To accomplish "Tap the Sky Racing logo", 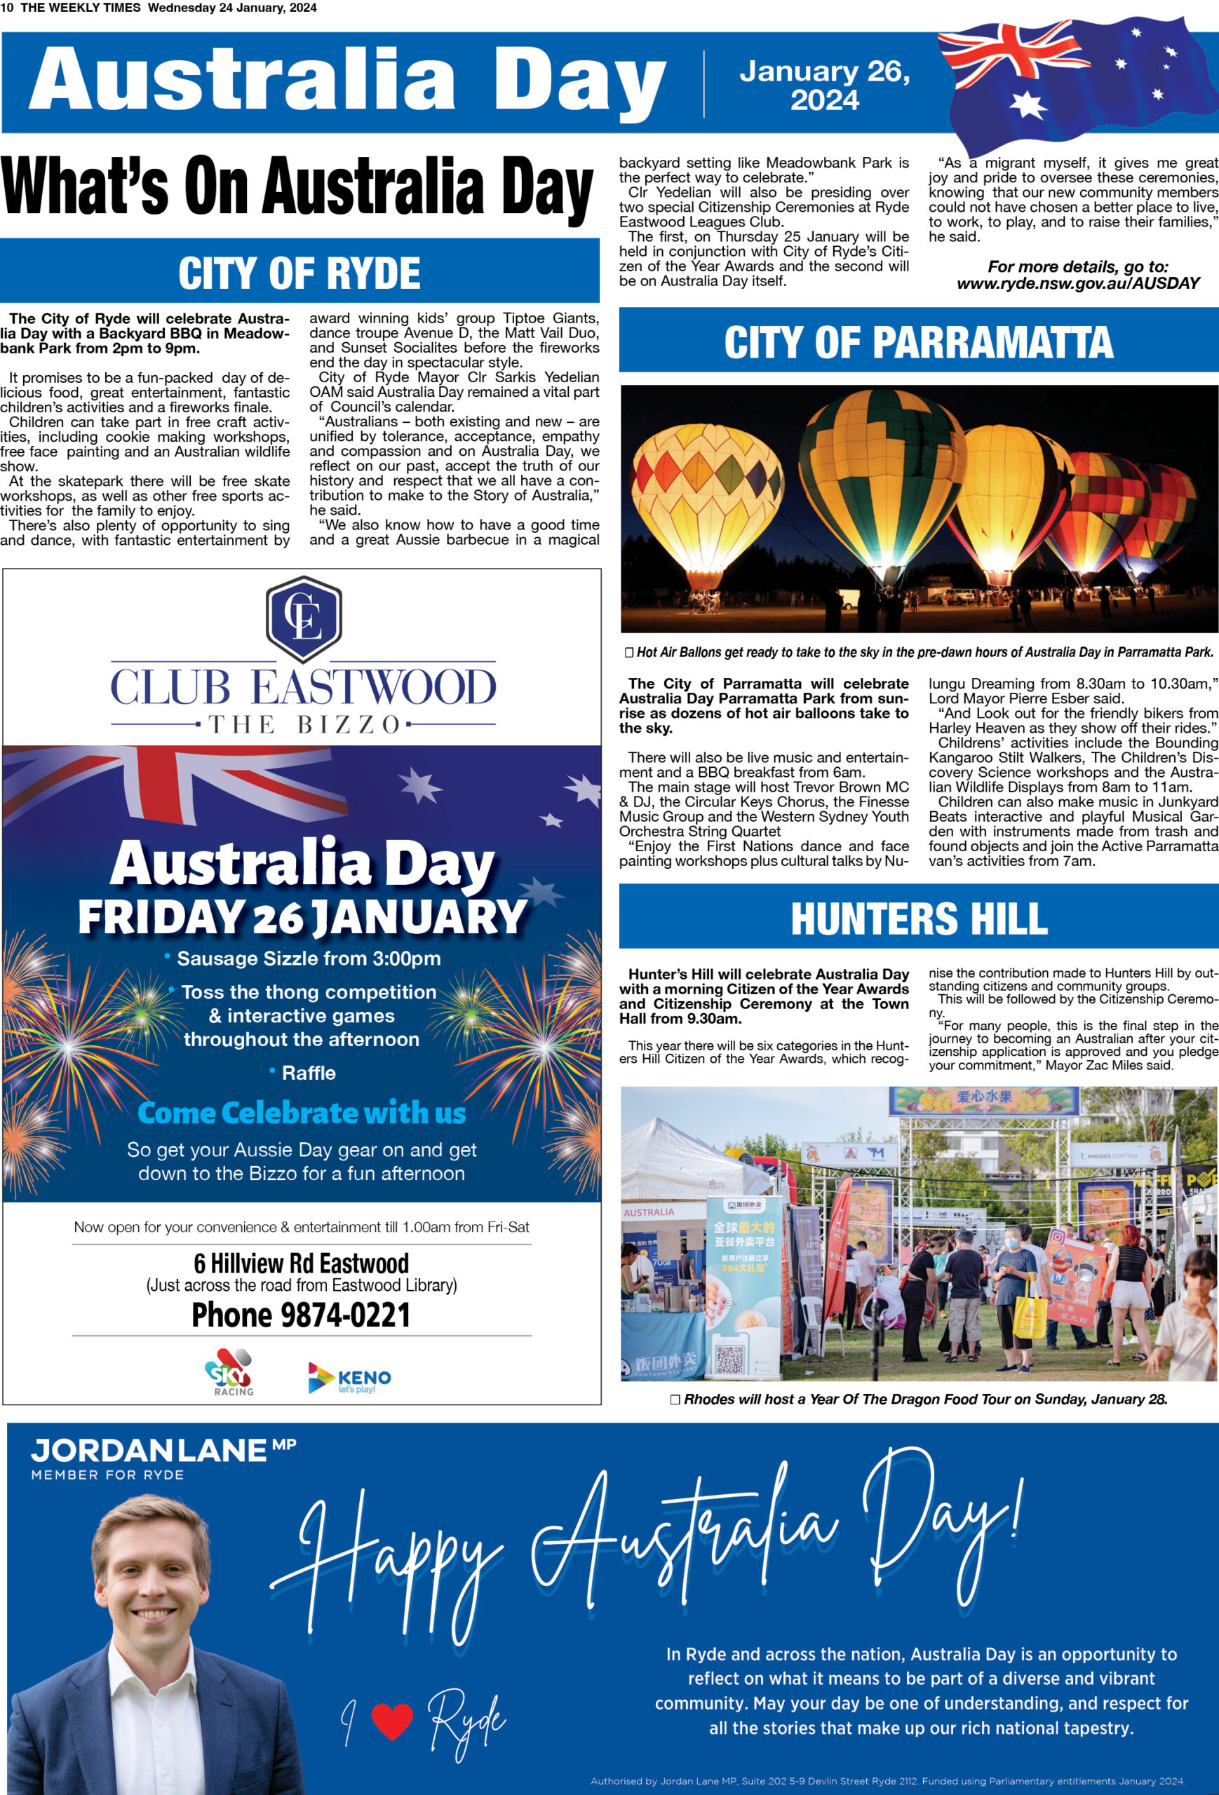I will pyautogui.click(x=229, y=1371).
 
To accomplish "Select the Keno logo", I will pyautogui.click(x=349, y=1378).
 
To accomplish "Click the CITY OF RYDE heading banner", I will pyautogui.click(x=299, y=272).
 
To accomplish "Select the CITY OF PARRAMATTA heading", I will pyautogui.click(x=919, y=341).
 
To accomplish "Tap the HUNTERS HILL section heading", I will pyautogui.click(x=919, y=919).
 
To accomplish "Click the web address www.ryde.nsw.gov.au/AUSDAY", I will pyautogui.click(x=1077, y=283).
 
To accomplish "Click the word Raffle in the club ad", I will pyautogui.click(x=308, y=1073).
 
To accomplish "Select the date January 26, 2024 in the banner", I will pyautogui.click(x=824, y=85).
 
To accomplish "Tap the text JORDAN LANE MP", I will pyautogui.click(x=163, y=1451).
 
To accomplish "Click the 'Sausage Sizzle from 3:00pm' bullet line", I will pyautogui.click(x=308, y=959).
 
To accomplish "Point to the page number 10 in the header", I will pyautogui.click(x=7, y=8).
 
